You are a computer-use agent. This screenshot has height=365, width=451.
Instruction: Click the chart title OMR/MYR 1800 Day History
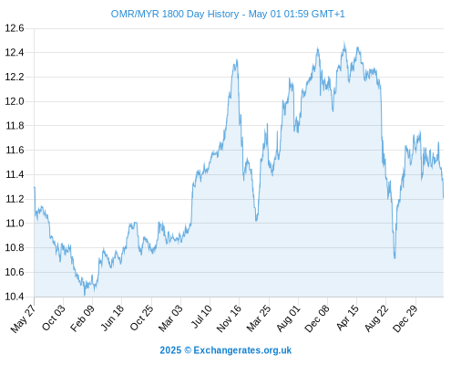(x=175, y=14)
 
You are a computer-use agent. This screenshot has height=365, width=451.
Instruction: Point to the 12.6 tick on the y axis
(x=15, y=28)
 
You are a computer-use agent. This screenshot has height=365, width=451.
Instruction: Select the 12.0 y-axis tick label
(x=15, y=101)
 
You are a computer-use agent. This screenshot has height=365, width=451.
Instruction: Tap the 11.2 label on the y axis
(x=15, y=199)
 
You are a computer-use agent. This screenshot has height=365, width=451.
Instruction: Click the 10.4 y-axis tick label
(x=15, y=297)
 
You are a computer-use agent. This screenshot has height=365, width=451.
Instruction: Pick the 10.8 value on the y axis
(x=15, y=247)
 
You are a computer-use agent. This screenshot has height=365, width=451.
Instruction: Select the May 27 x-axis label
(x=24, y=318)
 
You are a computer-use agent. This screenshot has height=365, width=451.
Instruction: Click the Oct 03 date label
(x=54, y=318)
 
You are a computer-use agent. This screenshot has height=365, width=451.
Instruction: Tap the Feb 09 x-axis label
(x=82, y=318)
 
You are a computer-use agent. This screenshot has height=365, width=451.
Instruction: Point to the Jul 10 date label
(x=201, y=317)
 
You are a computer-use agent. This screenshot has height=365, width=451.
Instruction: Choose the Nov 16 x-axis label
(x=229, y=318)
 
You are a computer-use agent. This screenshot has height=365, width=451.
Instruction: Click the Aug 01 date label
(x=289, y=318)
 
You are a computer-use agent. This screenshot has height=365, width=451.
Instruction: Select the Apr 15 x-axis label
(x=348, y=318)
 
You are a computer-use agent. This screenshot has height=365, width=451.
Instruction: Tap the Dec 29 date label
(x=405, y=318)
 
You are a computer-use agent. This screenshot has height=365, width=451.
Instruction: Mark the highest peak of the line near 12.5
(x=344, y=43)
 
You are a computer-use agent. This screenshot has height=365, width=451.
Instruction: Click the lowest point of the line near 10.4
(x=85, y=295)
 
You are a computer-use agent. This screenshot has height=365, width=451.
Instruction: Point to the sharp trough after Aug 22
(x=395, y=258)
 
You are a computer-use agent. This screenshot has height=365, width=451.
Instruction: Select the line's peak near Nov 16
(x=237, y=60)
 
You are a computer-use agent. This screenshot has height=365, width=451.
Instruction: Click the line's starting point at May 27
(x=35, y=187)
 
